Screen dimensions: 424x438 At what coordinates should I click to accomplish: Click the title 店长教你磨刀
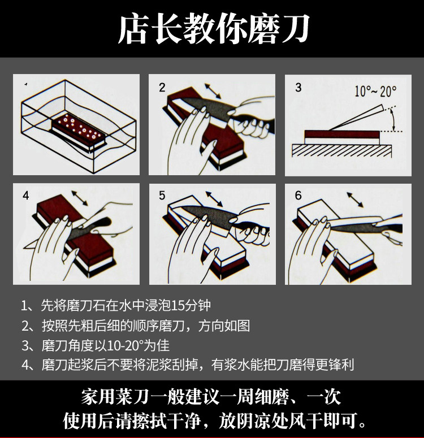(214, 29)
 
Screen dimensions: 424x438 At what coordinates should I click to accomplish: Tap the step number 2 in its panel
(162, 88)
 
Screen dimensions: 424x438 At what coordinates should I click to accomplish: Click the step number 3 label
(298, 88)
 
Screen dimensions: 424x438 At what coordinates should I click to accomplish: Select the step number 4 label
(25, 195)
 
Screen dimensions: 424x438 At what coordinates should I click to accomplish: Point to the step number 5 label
(162, 195)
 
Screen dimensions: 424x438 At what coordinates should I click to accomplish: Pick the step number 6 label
(298, 195)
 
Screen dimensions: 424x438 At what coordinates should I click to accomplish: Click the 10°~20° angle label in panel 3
(375, 91)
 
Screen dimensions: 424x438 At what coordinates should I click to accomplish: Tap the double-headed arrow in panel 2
(213, 91)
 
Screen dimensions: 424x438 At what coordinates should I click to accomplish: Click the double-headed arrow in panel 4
(80, 198)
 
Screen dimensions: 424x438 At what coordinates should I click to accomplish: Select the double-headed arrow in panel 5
(214, 199)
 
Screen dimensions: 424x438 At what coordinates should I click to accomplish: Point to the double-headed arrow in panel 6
(355, 200)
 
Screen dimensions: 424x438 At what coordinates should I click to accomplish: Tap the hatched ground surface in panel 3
(341, 150)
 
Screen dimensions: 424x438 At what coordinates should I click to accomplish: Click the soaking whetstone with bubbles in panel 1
(79, 131)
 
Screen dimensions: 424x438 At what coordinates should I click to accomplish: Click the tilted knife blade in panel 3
(356, 118)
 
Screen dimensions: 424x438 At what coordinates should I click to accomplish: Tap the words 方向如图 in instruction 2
(224, 326)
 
